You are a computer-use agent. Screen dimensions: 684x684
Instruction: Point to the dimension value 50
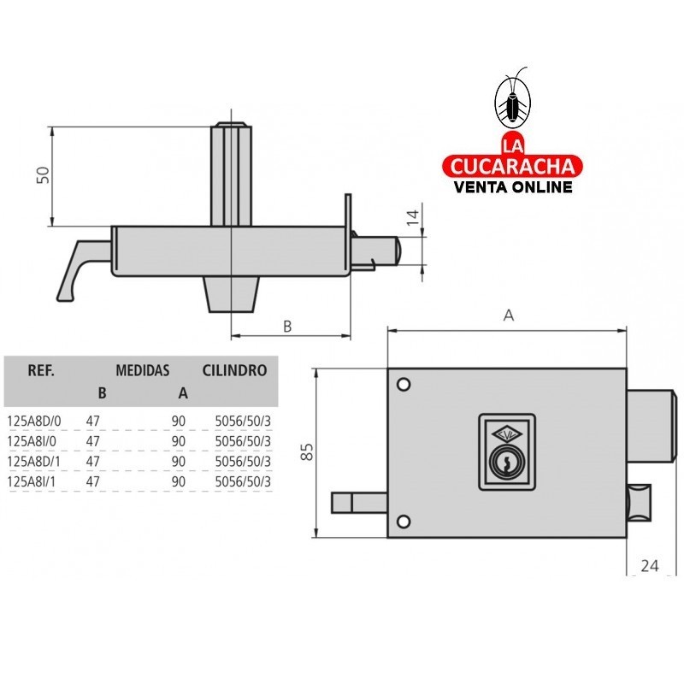(43, 174)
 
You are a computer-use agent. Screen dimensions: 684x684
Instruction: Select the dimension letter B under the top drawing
(287, 326)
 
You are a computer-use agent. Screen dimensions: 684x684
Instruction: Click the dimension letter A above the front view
(508, 315)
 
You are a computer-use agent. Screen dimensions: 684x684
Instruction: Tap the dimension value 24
(650, 565)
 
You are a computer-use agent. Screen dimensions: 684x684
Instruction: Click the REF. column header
(42, 371)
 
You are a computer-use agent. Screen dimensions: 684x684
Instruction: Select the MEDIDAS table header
(142, 371)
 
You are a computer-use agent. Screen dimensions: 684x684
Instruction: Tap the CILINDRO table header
(234, 371)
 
